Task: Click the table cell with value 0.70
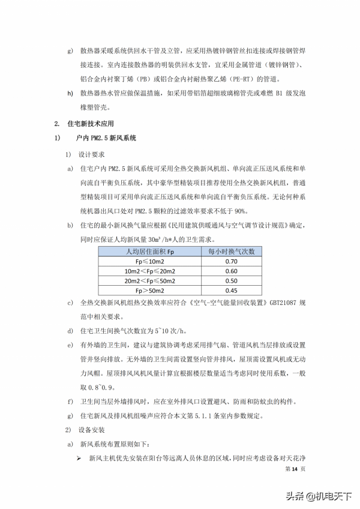(231, 262)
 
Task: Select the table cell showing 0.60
(231, 271)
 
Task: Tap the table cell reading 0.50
(231, 280)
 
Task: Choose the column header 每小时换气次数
(231, 252)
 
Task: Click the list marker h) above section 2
(70, 92)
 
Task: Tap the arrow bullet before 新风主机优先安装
(79, 459)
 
